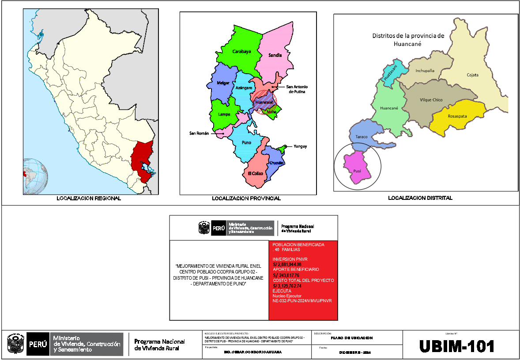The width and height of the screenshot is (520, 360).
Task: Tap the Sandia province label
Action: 275,56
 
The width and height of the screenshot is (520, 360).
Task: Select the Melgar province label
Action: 223,83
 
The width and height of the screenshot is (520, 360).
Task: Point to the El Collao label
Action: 255,173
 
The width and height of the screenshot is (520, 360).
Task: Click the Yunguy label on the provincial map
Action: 300,146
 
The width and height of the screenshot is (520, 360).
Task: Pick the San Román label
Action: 199,133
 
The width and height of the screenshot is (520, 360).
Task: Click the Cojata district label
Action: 472,75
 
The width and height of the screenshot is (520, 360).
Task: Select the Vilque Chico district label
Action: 431,100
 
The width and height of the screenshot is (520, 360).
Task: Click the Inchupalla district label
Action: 425,71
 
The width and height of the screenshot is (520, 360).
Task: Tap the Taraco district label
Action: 362,137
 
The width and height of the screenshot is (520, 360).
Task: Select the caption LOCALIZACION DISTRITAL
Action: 420,198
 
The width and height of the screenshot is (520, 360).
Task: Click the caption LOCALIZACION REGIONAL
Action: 89,199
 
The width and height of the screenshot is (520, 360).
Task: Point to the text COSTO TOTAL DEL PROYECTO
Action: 303,281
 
